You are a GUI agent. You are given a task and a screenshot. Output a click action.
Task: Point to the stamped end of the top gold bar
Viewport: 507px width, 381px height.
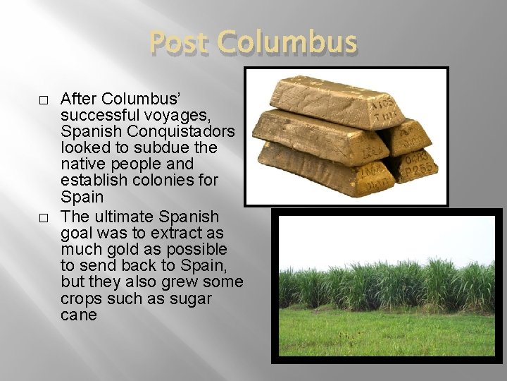click(x=382, y=108)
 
